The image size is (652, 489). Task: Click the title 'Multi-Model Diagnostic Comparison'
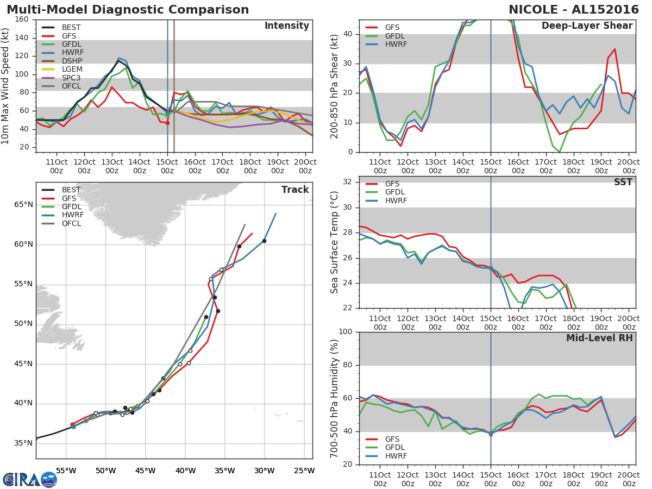click(x=128, y=10)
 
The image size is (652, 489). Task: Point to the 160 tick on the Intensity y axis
click(x=22, y=20)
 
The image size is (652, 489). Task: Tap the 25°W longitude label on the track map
click(x=303, y=471)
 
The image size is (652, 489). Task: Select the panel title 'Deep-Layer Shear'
click(x=587, y=26)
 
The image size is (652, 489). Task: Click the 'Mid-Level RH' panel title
click(x=599, y=338)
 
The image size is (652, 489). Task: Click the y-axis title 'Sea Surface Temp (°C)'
click(x=335, y=242)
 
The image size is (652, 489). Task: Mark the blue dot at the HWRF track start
click(x=73, y=427)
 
